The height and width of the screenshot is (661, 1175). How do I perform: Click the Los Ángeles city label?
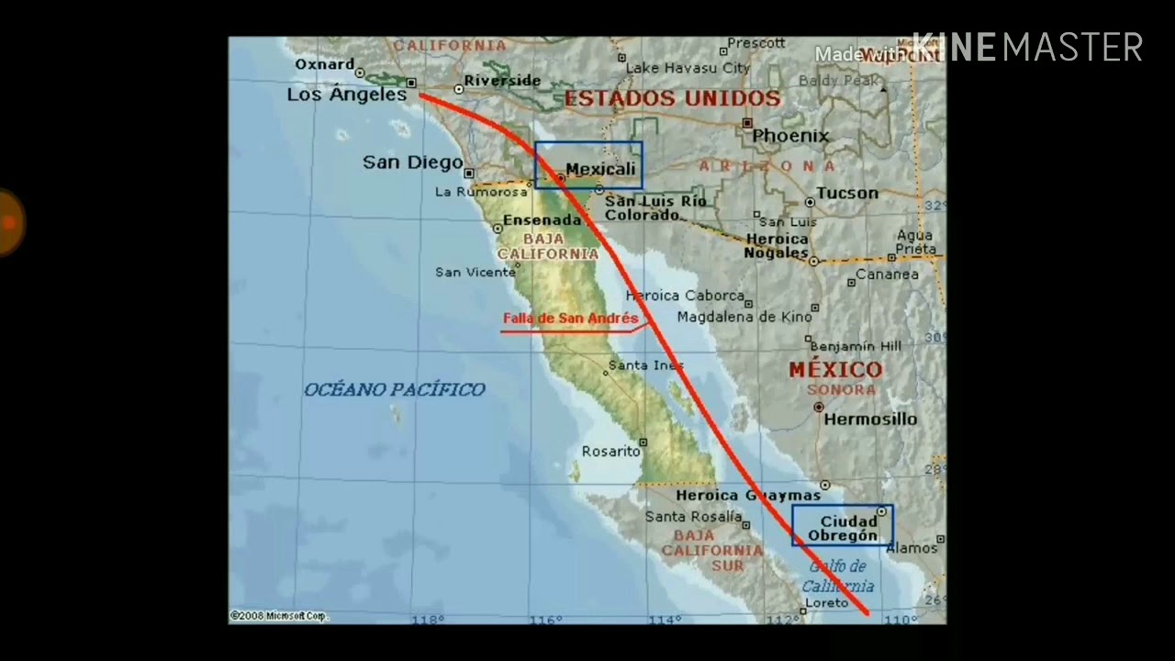coord(346,95)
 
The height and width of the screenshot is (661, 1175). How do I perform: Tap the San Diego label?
coord(412,162)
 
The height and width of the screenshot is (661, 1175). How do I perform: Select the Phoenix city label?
coord(790,136)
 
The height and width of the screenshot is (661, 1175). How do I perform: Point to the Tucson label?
coord(847,193)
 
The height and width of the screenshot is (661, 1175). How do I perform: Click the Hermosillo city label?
coord(870,419)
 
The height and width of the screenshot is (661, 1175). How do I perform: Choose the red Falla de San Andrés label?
coord(570,319)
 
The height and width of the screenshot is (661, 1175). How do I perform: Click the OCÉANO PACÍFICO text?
coord(394,389)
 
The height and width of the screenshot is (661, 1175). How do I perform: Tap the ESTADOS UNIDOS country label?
coord(672,98)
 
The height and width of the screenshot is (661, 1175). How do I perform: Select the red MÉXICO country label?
coord(835,370)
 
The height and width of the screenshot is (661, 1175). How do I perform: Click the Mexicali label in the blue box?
coord(600,169)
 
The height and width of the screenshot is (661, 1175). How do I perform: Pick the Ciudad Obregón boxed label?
coord(843,529)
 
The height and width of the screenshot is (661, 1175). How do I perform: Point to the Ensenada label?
coord(542,220)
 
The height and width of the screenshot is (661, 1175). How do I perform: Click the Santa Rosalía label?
coord(693,517)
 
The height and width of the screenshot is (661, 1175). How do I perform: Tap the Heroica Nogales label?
coord(777,245)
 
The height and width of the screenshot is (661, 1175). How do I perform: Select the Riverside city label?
coord(502,81)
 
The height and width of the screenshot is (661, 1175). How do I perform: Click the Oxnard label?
coord(324,64)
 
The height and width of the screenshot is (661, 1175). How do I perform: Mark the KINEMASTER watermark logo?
coord(1027,47)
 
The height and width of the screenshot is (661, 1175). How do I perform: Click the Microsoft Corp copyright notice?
coord(279,616)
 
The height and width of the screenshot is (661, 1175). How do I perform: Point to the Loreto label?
coord(825,603)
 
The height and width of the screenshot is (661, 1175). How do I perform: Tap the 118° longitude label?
coord(427,620)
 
